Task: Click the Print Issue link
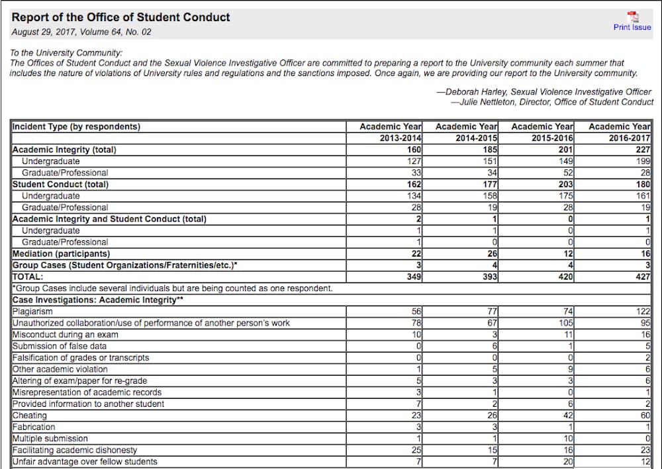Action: [x=632, y=27]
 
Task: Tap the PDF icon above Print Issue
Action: [x=632, y=17]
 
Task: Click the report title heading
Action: [x=121, y=17]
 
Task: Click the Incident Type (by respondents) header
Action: [x=76, y=126]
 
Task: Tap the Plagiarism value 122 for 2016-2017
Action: [x=643, y=311]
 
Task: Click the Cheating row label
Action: [x=30, y=415]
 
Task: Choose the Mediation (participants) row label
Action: [x=62, y=253]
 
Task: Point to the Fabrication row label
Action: [x=34, y=427]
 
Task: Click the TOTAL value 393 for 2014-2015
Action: [x=490, y=277]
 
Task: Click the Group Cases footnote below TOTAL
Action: [x=172, y=288]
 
